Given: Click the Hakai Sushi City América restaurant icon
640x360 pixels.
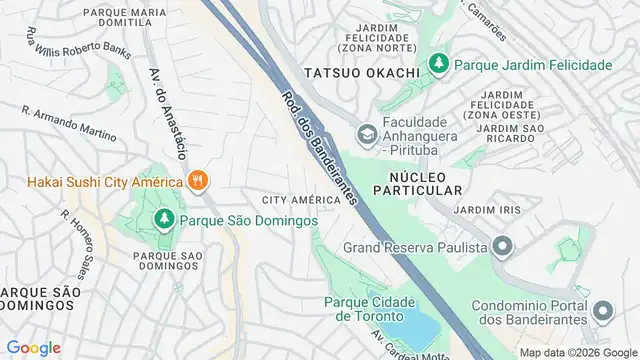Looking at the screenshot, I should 199,182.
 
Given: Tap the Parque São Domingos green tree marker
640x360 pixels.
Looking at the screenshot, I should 162,218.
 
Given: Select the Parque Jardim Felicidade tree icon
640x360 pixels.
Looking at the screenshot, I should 438,65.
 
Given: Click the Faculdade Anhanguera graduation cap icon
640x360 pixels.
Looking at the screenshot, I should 366,134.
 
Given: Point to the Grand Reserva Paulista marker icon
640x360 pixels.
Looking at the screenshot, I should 502,246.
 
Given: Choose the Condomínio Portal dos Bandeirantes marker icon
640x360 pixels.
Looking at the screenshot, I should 602,311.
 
